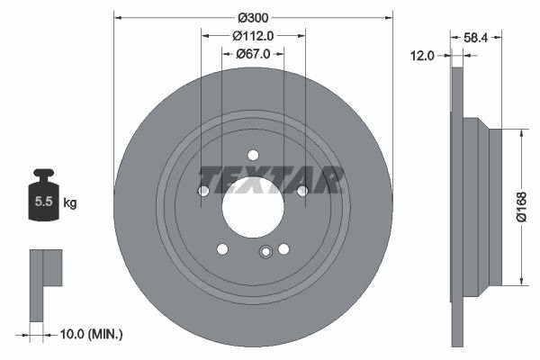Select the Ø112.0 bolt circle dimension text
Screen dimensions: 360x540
(253, 36)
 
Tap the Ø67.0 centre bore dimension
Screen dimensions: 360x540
(254, 55)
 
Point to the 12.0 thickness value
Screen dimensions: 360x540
(423, 56)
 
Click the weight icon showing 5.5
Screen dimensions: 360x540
(41, 199)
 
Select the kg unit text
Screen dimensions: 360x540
(70, 203)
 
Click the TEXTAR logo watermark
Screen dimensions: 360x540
(271, 180)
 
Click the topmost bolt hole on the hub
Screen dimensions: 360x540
(253, 155)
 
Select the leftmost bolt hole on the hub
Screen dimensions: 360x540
(203, 191)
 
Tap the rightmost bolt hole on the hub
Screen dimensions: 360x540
(302, 190)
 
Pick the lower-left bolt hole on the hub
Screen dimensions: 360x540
(222, 249)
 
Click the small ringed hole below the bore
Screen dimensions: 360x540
(265, 253)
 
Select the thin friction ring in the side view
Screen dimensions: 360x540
(457, 207)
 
